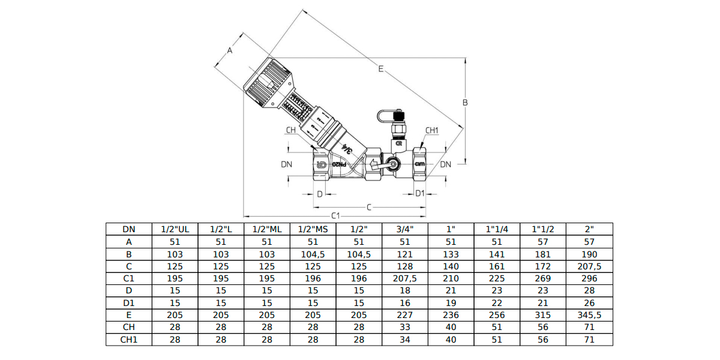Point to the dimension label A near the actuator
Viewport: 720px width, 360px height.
[229, 51]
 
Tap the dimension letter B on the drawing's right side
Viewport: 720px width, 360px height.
[464, 103]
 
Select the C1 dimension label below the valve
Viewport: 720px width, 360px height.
[335, 215]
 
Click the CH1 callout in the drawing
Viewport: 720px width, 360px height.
[432, 130]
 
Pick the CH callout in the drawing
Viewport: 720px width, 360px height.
[290, 130]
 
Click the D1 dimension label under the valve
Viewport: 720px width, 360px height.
[420, 193]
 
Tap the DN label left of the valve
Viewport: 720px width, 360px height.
[286, 164]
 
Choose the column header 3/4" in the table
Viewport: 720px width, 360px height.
[405, 229]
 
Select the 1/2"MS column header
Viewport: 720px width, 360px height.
[313, 229]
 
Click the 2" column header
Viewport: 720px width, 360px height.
[589, 229]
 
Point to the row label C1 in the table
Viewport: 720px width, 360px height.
[129, 278]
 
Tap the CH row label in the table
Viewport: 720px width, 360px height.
[129, 327]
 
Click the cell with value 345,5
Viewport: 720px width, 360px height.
[589, 315]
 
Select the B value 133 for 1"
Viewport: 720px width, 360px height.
[451, 254]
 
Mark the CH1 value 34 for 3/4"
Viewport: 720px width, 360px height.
[405, 340]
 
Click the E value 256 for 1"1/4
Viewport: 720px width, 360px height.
[496, 315]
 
